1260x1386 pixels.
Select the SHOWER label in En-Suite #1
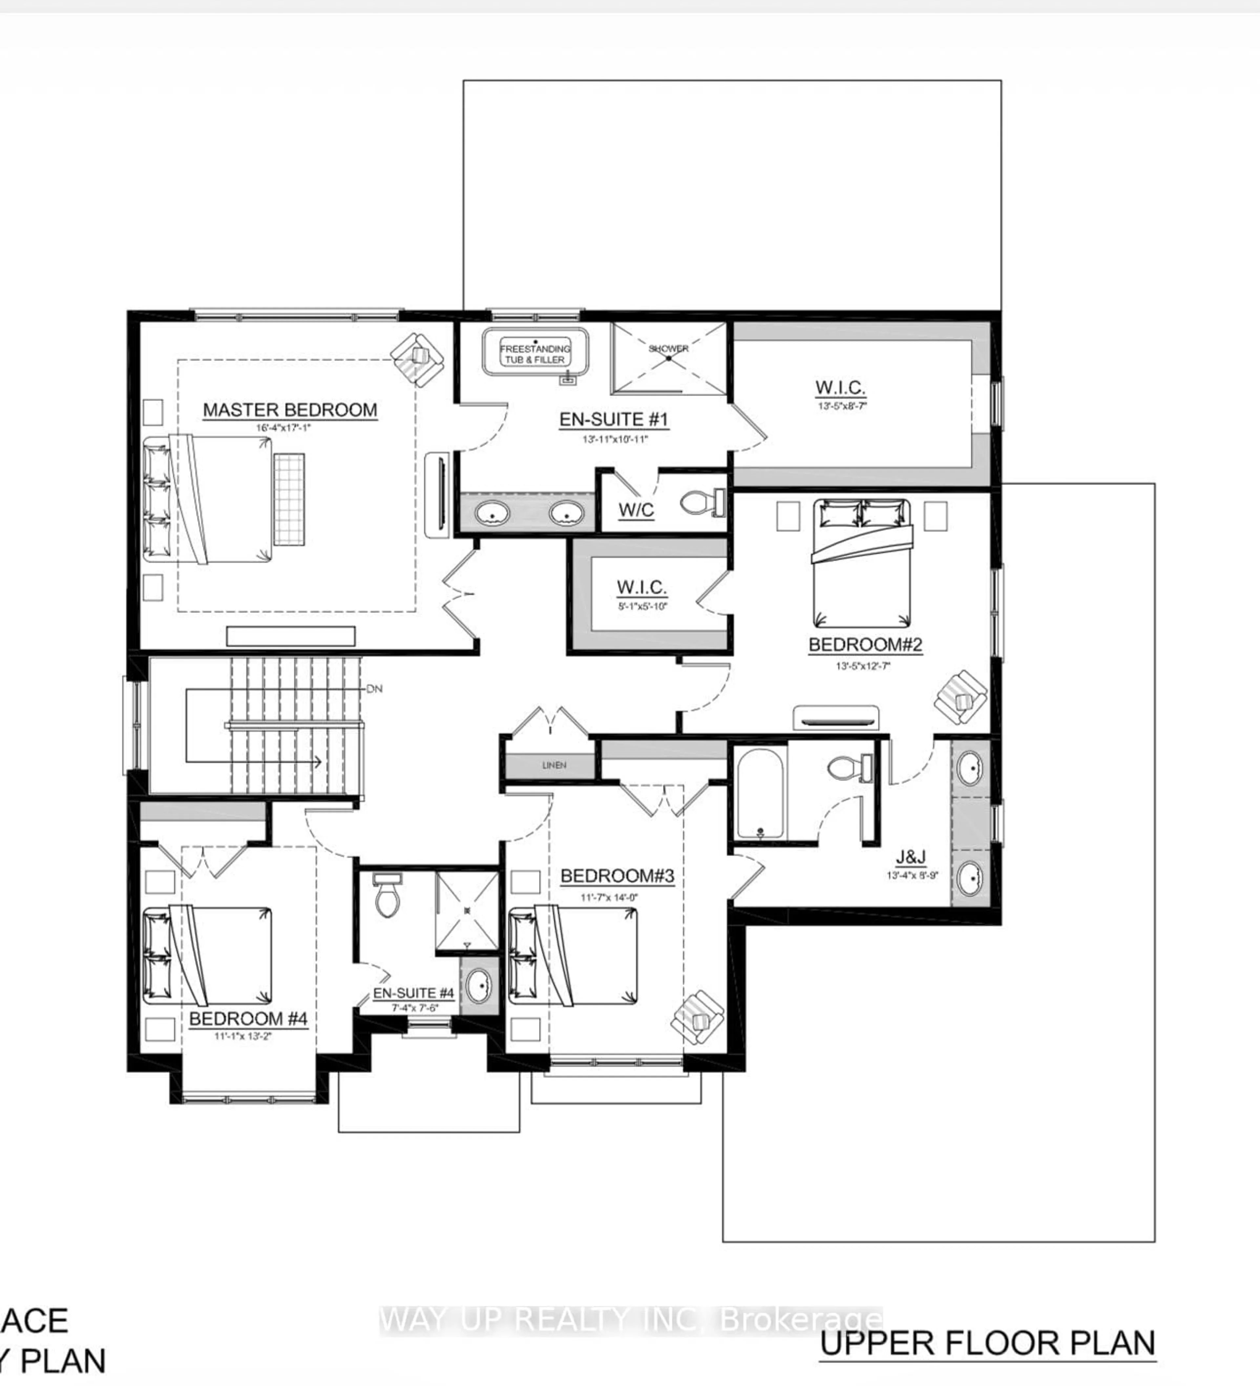(x=668, y=348)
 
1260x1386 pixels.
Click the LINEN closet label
(x=554, y=765)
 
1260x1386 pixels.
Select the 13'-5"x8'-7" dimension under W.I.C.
(x=841, y=406)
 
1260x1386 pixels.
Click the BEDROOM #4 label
(x=248, y=1018)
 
